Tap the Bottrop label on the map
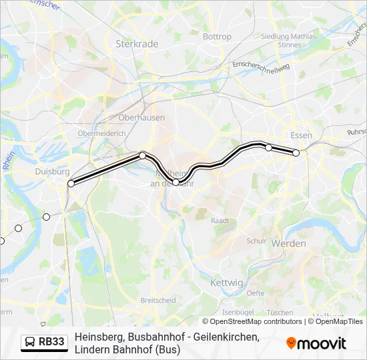tap(216, 37)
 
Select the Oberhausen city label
tap(141, 117)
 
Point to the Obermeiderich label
tap(101, 133)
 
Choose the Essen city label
tap(302, 135)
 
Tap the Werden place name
tap(288, 244)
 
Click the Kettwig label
tap(227, 283)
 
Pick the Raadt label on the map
tap(220, 220)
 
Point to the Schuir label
tap(256, 241)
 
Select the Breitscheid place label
tap(158, 300)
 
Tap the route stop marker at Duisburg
tap(71, 183)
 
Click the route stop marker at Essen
tap(296, 153)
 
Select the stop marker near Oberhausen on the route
tap(143, 155)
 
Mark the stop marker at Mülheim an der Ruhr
tap(175, 182)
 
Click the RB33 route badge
tap(44, 342)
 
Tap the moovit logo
tap(316, 343)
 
